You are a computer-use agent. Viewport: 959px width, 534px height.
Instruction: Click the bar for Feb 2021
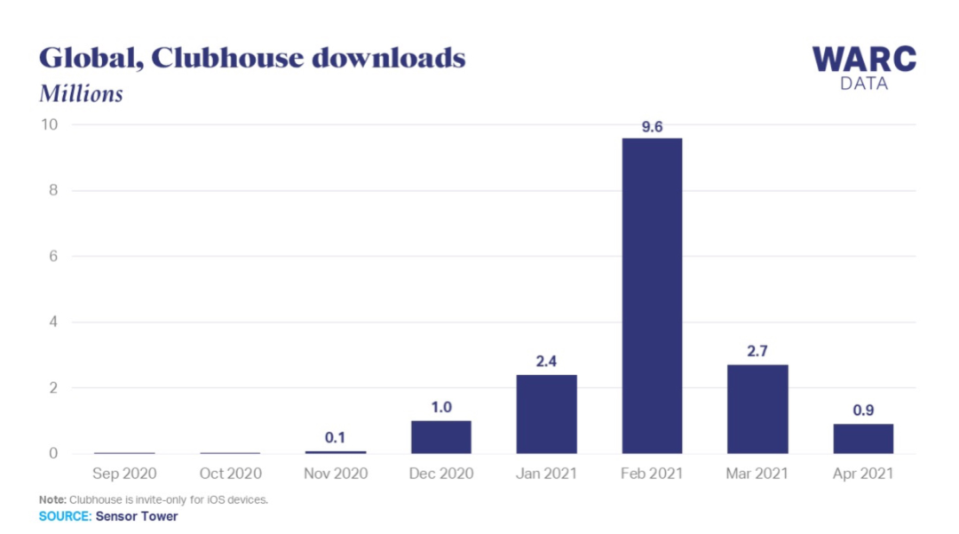652,296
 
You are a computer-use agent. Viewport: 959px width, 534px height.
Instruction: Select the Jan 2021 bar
546,414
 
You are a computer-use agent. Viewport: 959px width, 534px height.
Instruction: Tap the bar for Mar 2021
757,409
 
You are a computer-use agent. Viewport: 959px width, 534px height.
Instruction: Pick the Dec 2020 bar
440,437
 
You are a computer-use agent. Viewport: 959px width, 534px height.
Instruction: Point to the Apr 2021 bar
863,439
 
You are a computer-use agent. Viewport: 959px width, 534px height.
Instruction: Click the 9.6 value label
652,127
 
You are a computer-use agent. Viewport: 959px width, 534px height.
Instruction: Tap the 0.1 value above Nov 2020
336,438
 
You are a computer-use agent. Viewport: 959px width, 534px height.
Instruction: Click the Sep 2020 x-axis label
124,474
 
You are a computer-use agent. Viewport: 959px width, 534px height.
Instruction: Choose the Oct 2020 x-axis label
230,474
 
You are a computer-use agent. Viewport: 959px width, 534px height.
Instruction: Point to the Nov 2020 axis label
336,474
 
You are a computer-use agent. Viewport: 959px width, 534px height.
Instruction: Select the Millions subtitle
81,93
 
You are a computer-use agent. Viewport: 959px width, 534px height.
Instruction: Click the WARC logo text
864,60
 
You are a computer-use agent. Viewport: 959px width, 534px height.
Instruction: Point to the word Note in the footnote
52,499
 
